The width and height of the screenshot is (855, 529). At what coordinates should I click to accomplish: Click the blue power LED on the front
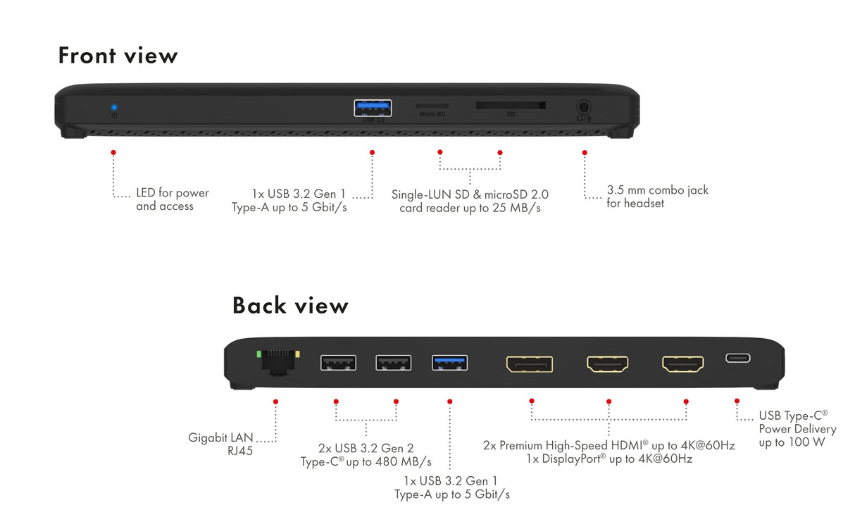tap(114, 107)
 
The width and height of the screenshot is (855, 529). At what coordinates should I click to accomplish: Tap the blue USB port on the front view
tap(373, 108)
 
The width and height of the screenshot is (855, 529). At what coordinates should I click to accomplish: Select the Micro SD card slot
tap(432, 106)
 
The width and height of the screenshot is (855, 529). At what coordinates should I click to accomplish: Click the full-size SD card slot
tap(510, 105)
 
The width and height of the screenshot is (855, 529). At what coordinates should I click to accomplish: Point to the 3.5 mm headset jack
tap(584, 108)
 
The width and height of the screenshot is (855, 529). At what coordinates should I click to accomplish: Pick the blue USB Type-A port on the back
tap(449, 362)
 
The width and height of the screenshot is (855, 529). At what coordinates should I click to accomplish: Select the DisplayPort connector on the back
tap(529, 363)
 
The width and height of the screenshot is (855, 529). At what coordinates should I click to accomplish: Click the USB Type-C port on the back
tap(737, 358)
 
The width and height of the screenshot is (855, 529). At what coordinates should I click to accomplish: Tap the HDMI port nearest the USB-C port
tap(682, 363)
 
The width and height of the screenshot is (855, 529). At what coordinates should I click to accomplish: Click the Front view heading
tap(118, 55)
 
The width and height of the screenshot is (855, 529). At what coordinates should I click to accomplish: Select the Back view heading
tap(290, 305)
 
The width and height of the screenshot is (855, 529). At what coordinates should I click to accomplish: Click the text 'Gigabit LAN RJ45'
tap(220, 444)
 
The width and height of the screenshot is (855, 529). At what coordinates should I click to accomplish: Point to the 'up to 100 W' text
tap(792, 442)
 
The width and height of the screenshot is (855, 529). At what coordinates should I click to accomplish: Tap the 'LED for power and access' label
tap(172, 199)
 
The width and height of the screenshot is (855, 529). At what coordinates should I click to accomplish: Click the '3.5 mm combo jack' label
tap(657, 190)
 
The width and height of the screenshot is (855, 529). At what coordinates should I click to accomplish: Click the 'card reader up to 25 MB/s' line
tap(470, 209)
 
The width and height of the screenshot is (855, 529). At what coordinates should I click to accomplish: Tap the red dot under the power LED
tap(113, 152)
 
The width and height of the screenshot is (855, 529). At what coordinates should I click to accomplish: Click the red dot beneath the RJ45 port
tap(275, 402)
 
